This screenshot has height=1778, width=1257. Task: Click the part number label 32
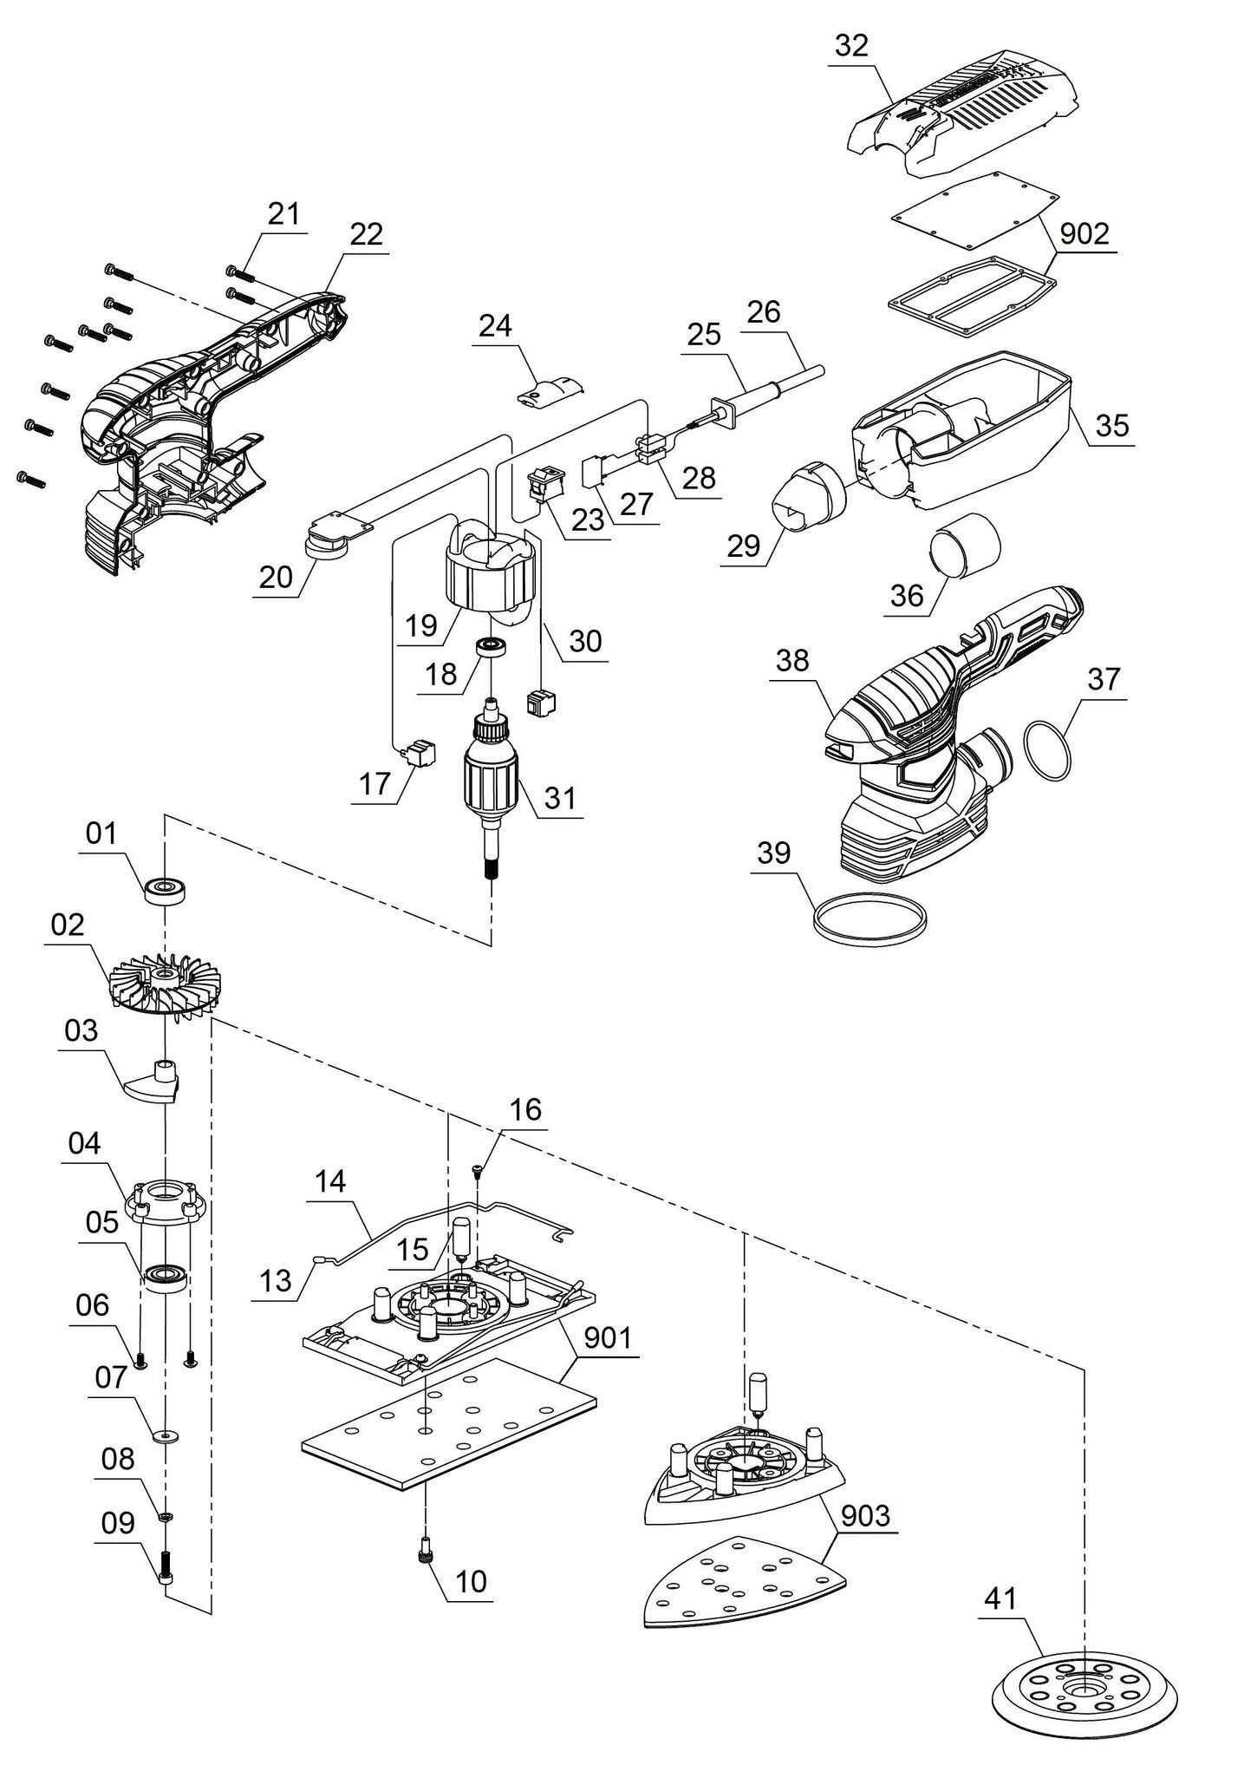(x=851, y=46)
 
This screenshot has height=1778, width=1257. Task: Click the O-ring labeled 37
(x=1048, y=743)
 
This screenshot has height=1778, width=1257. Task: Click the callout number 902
(x=1084, y=233)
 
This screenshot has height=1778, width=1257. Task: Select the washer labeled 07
(x=165, y=1435)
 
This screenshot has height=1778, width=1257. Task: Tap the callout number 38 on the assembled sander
(x=793, y=660)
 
